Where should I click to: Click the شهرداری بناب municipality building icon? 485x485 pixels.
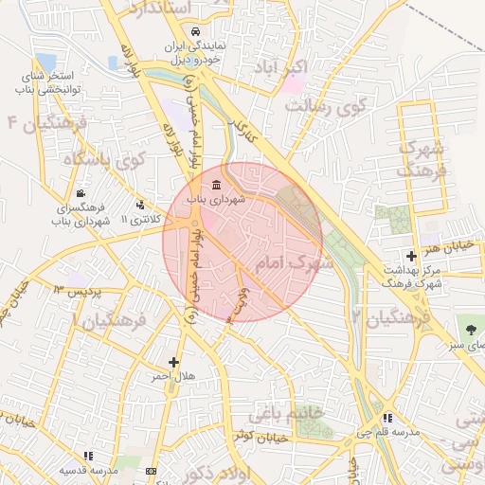tap(217, 184)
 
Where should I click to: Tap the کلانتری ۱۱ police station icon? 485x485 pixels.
tap(140, 205)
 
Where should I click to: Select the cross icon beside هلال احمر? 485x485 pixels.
tap(173, 362)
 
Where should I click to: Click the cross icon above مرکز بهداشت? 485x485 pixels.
tap(410, 256)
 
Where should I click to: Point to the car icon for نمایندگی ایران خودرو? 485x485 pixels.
tap(194, 31)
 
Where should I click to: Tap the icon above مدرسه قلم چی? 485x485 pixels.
tap(386, 418)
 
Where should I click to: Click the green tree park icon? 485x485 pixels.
tap(471, 329)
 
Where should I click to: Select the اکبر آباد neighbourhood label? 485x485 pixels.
tap(280, 68)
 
